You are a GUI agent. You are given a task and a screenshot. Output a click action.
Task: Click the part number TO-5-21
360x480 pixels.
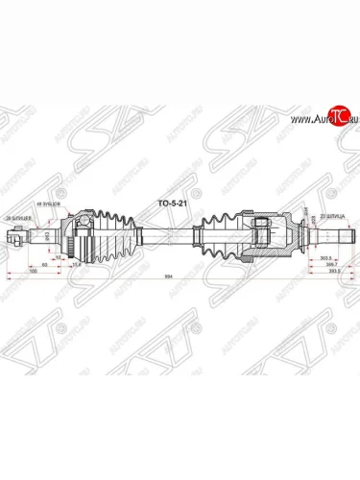point(172,204)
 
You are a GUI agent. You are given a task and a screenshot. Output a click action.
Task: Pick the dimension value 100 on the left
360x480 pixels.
point(34,273)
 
